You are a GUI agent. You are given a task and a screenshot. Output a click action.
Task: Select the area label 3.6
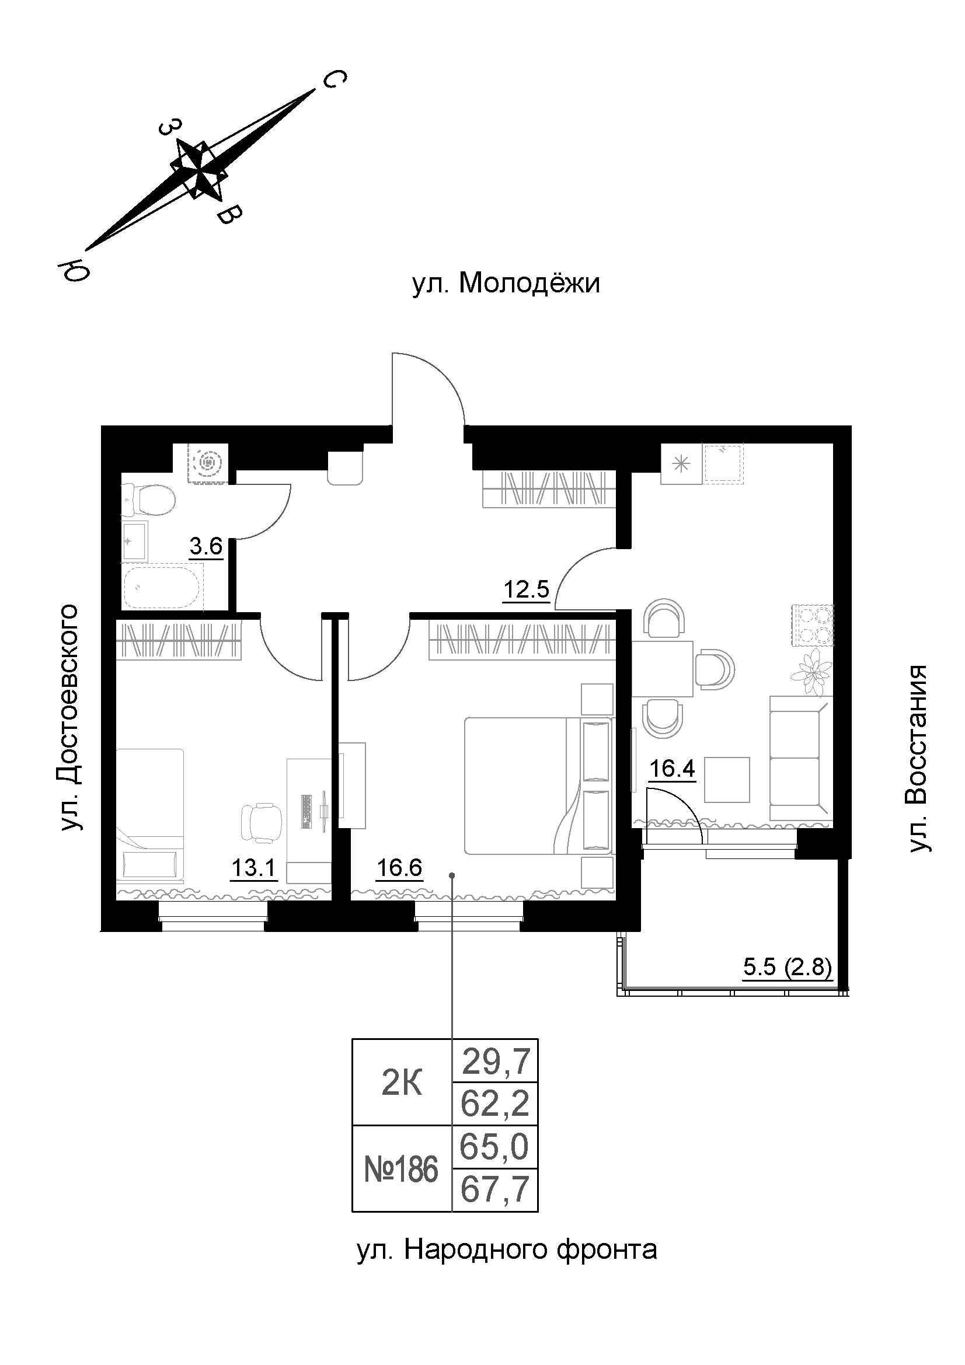coord(205,546)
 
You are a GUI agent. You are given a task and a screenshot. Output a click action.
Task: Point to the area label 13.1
coord(254,868)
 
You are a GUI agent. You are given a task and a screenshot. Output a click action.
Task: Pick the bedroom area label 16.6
coord(399,868)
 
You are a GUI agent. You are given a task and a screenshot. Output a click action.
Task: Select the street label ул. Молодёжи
coord(506,284)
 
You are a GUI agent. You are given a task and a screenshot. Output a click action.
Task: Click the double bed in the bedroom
coord(538,786)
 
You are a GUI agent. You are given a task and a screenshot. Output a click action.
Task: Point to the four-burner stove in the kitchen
coord(811,625)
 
